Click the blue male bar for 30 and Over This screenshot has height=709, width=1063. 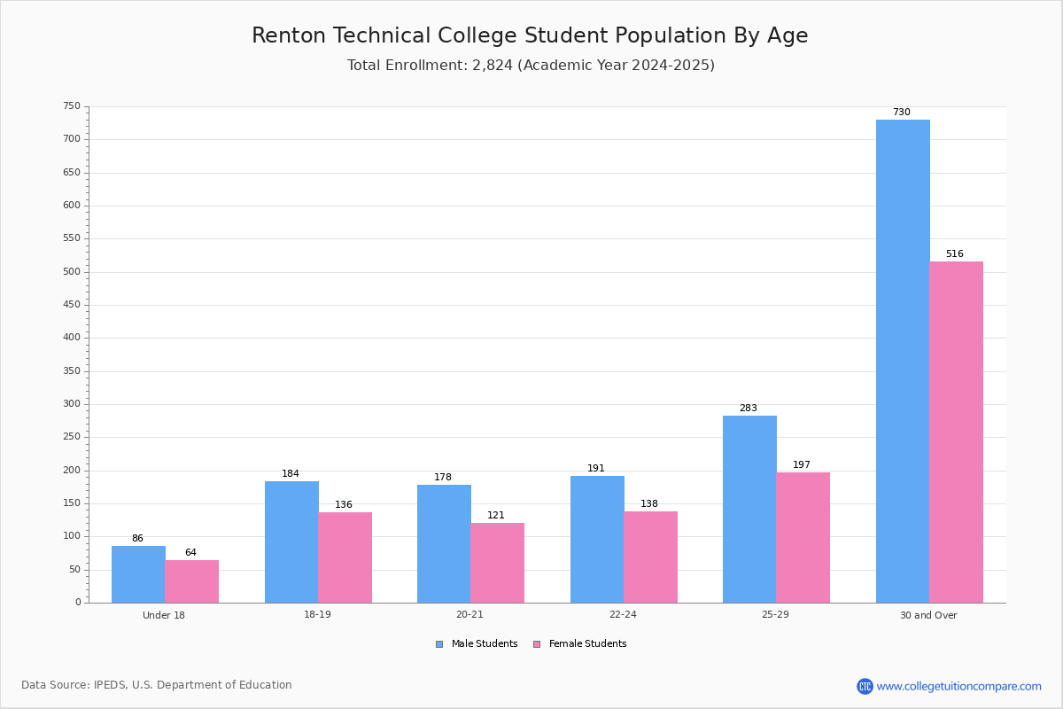pyautogui.click(x=903, y=361)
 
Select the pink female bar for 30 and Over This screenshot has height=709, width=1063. pyautogui.click(x=956, y=432)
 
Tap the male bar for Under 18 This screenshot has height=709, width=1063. pyautogui.click(x=138, y=574)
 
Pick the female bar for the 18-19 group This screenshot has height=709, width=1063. pyautogui.click(x=345, y=557)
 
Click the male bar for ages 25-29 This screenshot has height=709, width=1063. pyautogui.click(x=749, y=509)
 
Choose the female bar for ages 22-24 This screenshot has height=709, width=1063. pyautogui.click(x=650, y=557)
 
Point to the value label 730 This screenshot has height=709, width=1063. pyautogui.click(x=901, y=113)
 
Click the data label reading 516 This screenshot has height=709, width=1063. pyautogui.click(x=954, y=254)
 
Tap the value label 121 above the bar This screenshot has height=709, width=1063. pyautogui.click(x=495, y=516)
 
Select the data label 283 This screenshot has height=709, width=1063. pyautogui.click(x=748, y=409)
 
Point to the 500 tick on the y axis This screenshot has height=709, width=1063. pyautogui.click(x=71, y=272)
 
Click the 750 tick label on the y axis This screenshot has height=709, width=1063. pyautogui.click(x=71, y=106)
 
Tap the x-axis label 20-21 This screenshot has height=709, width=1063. pyautogui.click(x=469, y=615)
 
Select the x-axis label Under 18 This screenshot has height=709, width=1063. pyautogui.click(x=164, y=615)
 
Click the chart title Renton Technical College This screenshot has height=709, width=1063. pyautogui.click(x=530, y=35)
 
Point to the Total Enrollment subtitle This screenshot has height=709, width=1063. pyautogui.click(x=531, y=66)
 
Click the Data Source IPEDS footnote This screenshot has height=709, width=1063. pyautogui.click(x=157, y=685)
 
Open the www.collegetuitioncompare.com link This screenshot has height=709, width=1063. pyautogui.click(x=958, y=686)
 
